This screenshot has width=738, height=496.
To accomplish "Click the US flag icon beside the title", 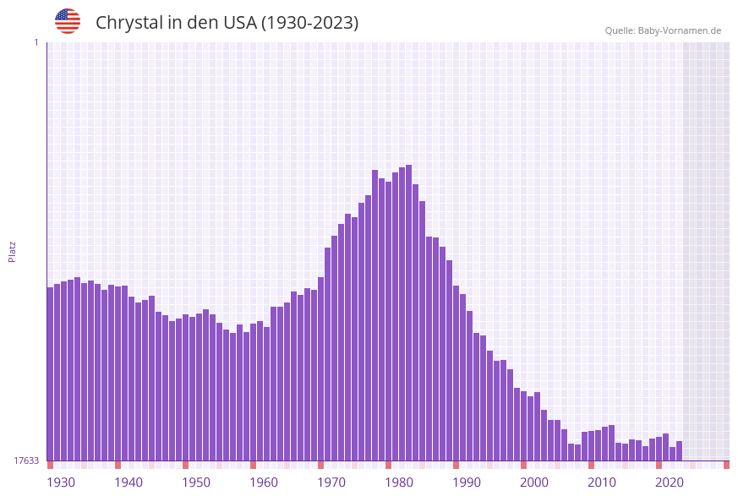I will click(x=68, y=21).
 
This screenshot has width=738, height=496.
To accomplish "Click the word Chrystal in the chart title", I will click(x=128, y=23).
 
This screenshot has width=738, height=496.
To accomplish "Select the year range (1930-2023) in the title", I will click(x=309, y=23).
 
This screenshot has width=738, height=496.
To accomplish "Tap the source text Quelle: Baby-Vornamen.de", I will click(x=662, y=30).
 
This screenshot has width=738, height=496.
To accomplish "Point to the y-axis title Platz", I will click(x=13, y=251).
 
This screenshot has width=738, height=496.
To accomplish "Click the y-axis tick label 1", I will click(x=36, y=42).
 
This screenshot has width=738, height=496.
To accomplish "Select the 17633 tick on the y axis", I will click(x=26, y=461).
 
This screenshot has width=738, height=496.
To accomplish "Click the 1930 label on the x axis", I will click(x=61, y=482).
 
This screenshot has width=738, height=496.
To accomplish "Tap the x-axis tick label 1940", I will click(x=128, y=482).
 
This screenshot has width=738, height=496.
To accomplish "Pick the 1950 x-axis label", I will click(x=196, y=482).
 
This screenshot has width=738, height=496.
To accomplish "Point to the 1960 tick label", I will click(x=264, y=482).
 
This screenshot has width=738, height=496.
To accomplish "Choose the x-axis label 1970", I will click(x=331, y=482).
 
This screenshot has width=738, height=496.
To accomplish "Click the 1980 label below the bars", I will click(x=399, y=482).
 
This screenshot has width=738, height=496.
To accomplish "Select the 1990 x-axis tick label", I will click(x=467, y=482).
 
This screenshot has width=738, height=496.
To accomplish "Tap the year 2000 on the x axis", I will click(x=534, y=482).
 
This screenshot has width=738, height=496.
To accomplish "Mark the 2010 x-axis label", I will click(x=602, y=482).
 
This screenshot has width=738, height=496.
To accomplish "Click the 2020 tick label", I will click(x=670, y=482).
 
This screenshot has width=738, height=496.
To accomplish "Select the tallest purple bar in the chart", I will click(x=409, y=313).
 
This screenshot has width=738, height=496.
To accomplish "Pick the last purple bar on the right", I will click(x=679, y=451).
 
